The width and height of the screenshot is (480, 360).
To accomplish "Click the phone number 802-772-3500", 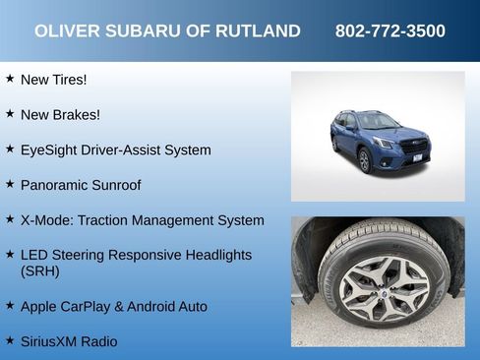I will click(x=390, y=31).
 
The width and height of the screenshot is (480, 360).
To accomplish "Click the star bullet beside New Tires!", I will click(x=10, y=78).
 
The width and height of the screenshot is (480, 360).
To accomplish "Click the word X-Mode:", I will click(x=47, y=220).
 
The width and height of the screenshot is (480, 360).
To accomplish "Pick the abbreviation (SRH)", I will click(x=40, y=271).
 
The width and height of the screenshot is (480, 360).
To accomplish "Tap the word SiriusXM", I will click(x=50, y=342).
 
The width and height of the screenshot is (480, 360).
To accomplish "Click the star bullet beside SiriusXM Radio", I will click(x=10, y=341).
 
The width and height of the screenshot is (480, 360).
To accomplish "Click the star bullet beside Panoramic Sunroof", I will click(x=10, y=184).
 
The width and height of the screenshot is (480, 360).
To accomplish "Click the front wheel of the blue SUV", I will click(x=365, y=160).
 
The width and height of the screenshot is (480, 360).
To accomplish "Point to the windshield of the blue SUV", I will click(x=378, y=122).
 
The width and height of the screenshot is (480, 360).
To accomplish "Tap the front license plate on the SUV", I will click(x=416, y=157).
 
